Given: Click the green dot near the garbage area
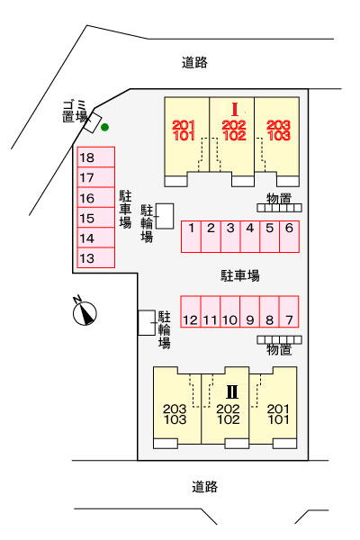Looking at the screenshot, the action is (x=104, y=128).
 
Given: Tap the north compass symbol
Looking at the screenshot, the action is (x=85, y=311).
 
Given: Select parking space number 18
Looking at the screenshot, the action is (x=95, y=157).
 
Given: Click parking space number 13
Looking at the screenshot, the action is (x=95, y=257).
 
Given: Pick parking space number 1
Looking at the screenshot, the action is (x=191, y=237).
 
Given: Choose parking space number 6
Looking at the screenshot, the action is (x=289, y=237).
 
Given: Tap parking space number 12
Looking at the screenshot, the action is (x=191, y=311).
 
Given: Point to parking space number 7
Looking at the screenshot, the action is (x=289, y=311).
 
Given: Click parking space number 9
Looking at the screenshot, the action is (x=249, y=311).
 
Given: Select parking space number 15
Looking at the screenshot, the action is (x=95, y=218).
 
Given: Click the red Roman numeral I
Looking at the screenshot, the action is (x=235, y=110).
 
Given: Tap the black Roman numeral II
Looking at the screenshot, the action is (x=232, y=391).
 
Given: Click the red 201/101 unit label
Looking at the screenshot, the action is (x=184, y=130).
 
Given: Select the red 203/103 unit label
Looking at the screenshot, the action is (x=278, y=130).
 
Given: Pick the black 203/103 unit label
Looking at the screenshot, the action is (x=175, y=414).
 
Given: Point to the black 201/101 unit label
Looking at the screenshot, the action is (x=279, y=414).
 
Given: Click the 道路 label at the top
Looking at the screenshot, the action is (x=194, y=62).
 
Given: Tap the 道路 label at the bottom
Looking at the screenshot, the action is (x=204, y=487).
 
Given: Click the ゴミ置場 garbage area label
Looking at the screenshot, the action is (x=75, y=111).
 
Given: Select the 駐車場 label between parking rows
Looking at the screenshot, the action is (x=239, y=275).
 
